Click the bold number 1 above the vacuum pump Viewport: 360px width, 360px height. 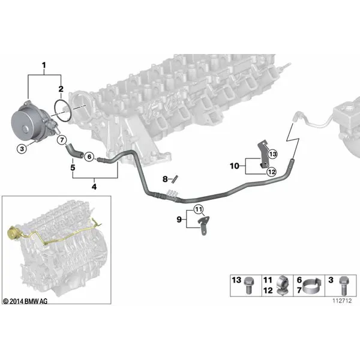44,65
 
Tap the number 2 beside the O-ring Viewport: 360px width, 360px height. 61,89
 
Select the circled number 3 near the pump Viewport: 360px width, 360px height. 22,149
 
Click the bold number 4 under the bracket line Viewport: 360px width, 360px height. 94,187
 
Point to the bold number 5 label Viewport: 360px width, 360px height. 73,167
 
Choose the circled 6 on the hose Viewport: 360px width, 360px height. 89,157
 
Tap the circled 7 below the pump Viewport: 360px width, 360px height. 62,140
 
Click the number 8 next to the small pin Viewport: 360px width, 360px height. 165,179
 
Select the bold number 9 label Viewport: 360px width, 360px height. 179,220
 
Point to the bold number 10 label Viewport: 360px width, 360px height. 235,166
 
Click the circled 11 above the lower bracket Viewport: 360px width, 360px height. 199,209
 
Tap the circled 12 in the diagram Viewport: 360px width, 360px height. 272,172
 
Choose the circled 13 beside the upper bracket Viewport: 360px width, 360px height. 272,154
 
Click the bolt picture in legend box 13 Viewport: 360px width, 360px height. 248,286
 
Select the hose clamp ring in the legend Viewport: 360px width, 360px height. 312,287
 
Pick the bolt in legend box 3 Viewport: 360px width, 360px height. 343,286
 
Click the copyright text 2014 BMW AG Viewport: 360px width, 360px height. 25,301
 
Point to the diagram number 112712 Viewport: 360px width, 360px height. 342,301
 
